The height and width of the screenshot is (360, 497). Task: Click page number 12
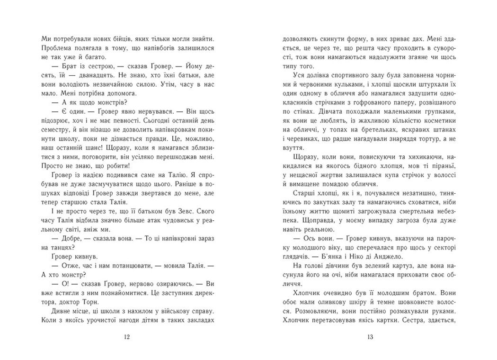[x=125, y=337]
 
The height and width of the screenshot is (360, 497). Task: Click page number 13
[x=371, y=337]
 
